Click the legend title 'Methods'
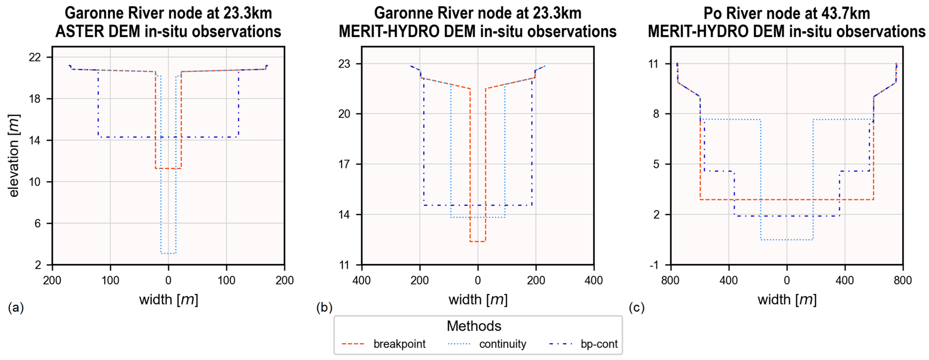474,326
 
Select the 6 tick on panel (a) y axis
37,223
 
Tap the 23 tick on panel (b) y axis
344,64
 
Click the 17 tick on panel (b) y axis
344,164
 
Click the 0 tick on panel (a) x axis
168,280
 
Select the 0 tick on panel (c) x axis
787,280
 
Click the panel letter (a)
15,308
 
